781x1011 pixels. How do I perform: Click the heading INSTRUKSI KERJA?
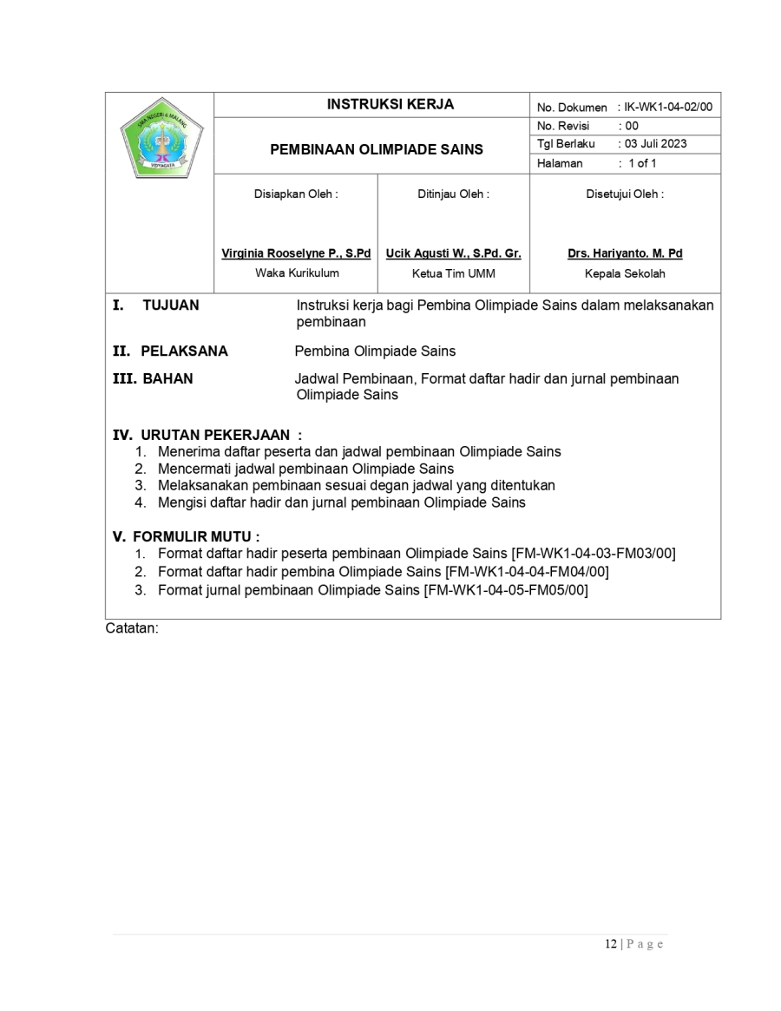point(390,105)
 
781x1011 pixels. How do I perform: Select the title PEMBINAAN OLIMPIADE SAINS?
point(377,149)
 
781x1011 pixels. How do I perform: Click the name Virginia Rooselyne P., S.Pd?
point(296,253)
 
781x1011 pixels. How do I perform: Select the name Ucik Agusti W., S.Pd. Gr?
point(453,253)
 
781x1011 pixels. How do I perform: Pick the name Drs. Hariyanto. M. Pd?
point(625,253)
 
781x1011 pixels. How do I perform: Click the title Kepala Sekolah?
point(625,273)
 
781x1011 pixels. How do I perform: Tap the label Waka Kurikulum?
point(297,273)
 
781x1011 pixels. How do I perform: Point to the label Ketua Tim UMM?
point(453,273)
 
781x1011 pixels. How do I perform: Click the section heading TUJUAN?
point(170,305)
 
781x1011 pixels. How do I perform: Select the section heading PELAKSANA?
point(184,351)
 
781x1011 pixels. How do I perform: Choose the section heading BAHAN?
point(167,378)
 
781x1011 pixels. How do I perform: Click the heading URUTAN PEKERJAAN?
point(215,435)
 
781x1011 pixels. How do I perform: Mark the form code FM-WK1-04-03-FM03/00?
point(595,553)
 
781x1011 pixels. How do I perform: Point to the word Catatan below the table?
point(132,627)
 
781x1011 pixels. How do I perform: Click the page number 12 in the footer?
point(611,944)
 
